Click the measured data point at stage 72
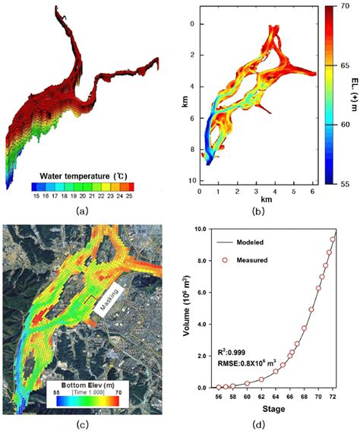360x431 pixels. [x=333, y=239]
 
